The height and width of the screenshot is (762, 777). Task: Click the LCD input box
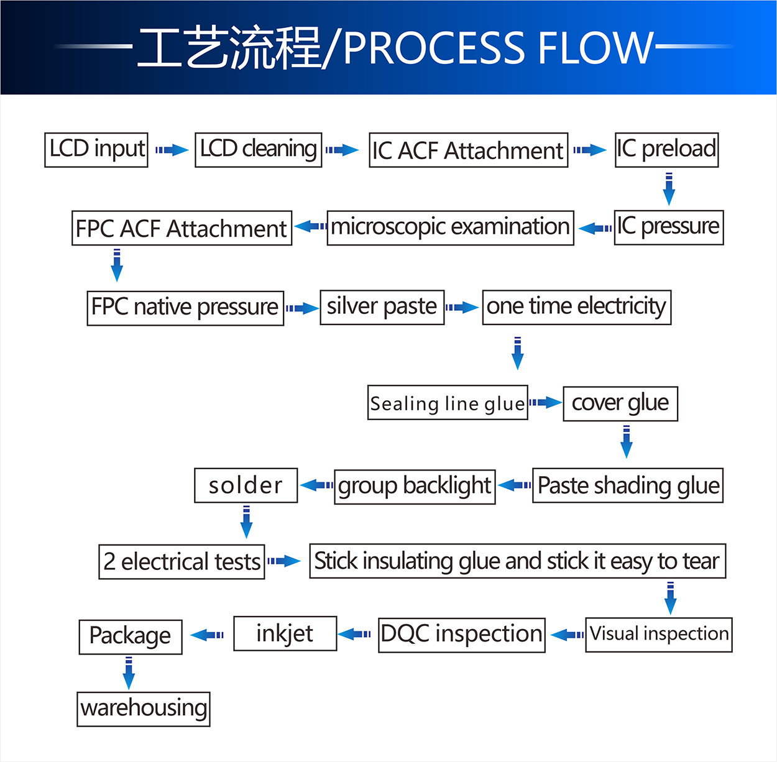pyautogui.click(x=96, y=150)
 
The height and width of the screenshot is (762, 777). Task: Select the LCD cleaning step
pyautogui.click(x=258, y=150)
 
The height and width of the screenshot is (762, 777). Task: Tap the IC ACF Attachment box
pyautogui.click(x=468, y=150)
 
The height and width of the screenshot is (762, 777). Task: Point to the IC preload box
pyautogui.click(x=666, y=150)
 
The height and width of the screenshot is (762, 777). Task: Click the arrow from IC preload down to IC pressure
pyautogui.click(x=669, y=190)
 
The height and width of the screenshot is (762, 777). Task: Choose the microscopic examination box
pyautogui.click(x=450, y=227)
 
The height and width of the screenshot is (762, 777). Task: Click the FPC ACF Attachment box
pyautogui.click(x=182, y=228)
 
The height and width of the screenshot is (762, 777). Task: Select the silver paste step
pyautogui.click(x=382, y=307)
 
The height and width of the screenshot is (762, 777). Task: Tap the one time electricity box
pyautogui.click(x=576, y=307)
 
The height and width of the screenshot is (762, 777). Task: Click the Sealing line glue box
pyautogui.click(x=448, y=403)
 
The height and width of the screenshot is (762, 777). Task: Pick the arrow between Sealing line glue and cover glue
pyautogui.click(x=545, y=403)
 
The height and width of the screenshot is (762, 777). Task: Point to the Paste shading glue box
pyautogui.click(x=628, y=485)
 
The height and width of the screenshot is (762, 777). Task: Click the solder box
pyautogui.click(x=246, y=485)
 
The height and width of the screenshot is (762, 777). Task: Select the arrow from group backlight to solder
pyautogui.click(x=316, y=485)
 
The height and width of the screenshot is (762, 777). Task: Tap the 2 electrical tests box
pyautogui.click(x=182, y=562)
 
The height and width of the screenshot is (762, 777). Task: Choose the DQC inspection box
pyautogui.click(x=461, y=635)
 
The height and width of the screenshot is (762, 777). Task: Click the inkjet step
pyautogui.click(x=285, y=633)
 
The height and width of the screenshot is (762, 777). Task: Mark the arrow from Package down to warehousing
pyautogui.click(x=129, y=673)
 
